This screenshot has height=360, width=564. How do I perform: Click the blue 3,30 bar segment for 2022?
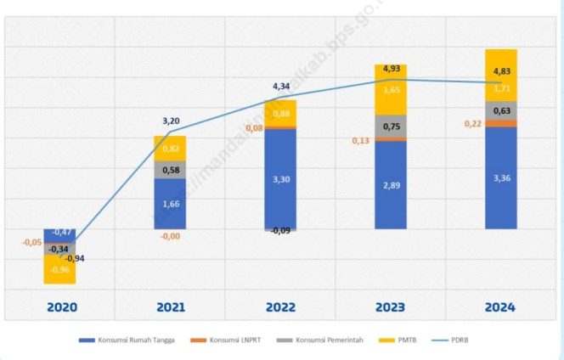pos(281,179)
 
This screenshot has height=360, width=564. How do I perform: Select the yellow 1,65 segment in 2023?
pos(392,89)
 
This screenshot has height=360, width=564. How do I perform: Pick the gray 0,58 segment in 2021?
pos(171,169)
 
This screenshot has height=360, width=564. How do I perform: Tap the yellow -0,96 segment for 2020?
pos(60,270)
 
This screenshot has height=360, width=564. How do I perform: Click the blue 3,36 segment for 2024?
pos(501,177)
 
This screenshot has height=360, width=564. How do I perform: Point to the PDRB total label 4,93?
pos(392,67)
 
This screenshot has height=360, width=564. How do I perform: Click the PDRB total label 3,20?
pos(171,121)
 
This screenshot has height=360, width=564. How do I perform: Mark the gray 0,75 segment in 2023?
pos(392,127)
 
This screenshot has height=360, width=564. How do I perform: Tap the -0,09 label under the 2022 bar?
pos(281,231)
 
